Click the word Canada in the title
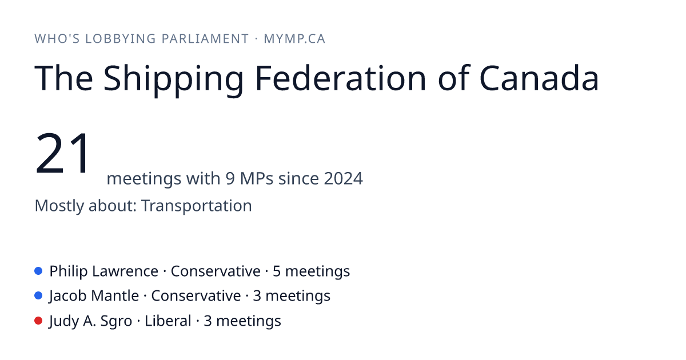(539, 78)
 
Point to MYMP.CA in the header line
(294, 39)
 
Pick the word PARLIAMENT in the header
(205, 39)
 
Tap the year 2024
(344, 178)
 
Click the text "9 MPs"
(249, 178)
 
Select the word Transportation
(196, 205)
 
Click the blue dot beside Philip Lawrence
(38, 271)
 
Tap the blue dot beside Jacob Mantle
(38, 295)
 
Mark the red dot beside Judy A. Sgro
(38, 321)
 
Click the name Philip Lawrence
(104, 271)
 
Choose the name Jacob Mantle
(94, 296)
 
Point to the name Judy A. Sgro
(91, 321)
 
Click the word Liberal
(168, 321)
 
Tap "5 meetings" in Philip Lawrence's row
(311, 271)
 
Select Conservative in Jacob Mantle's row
(196, 295)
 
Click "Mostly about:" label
(86, 206)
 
